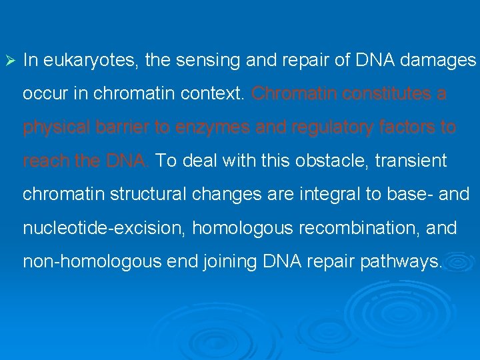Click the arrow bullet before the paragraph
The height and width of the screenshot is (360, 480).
pos(9,61)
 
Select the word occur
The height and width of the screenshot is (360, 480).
pos(43,95)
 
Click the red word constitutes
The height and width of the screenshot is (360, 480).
pos(384,95)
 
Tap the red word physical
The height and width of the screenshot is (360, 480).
pos(54,128)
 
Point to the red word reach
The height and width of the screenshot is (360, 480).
pos(45,161)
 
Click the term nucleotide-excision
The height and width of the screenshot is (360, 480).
pos(104,228)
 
